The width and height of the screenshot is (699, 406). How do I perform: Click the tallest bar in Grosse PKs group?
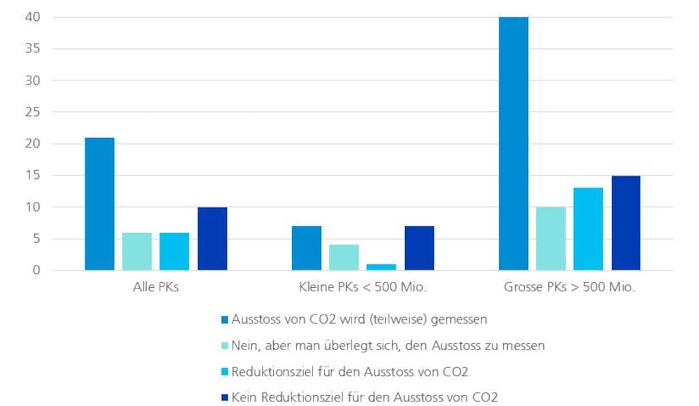click(x=513, y=143)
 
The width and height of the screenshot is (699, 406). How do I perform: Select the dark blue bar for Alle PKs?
click(x=212, y=239)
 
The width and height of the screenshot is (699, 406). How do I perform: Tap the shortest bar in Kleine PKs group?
click(x=381, y=267)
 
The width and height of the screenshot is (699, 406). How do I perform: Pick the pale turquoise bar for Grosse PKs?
click(x=551, y=239)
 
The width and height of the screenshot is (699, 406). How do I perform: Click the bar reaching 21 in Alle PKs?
click(x=100, y=204)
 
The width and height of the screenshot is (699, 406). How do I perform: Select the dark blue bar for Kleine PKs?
click(x=419, y=248)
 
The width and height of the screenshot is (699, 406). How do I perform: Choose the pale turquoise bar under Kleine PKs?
click(x=344, y=258)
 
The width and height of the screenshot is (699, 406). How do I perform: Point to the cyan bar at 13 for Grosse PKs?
click(x=588, y=229)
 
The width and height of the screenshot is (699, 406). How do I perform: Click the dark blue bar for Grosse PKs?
click(x=626, y=223)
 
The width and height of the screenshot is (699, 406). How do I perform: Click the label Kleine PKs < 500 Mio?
click(x=363, y=288)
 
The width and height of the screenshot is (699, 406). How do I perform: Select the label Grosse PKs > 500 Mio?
click(x=569, y=288)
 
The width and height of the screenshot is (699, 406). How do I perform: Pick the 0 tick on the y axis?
click(x=35, y=270)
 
